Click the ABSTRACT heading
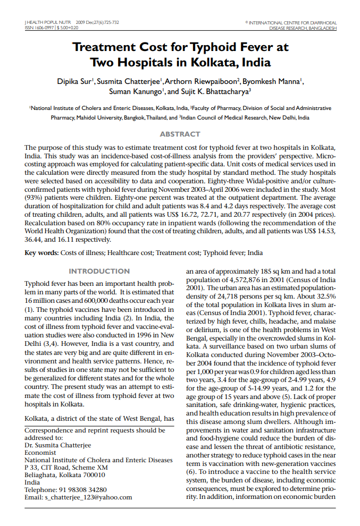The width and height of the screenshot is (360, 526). [180, 134]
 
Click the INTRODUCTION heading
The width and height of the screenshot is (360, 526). [99, 271]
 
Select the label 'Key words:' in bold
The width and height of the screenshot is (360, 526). [41, 253]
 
